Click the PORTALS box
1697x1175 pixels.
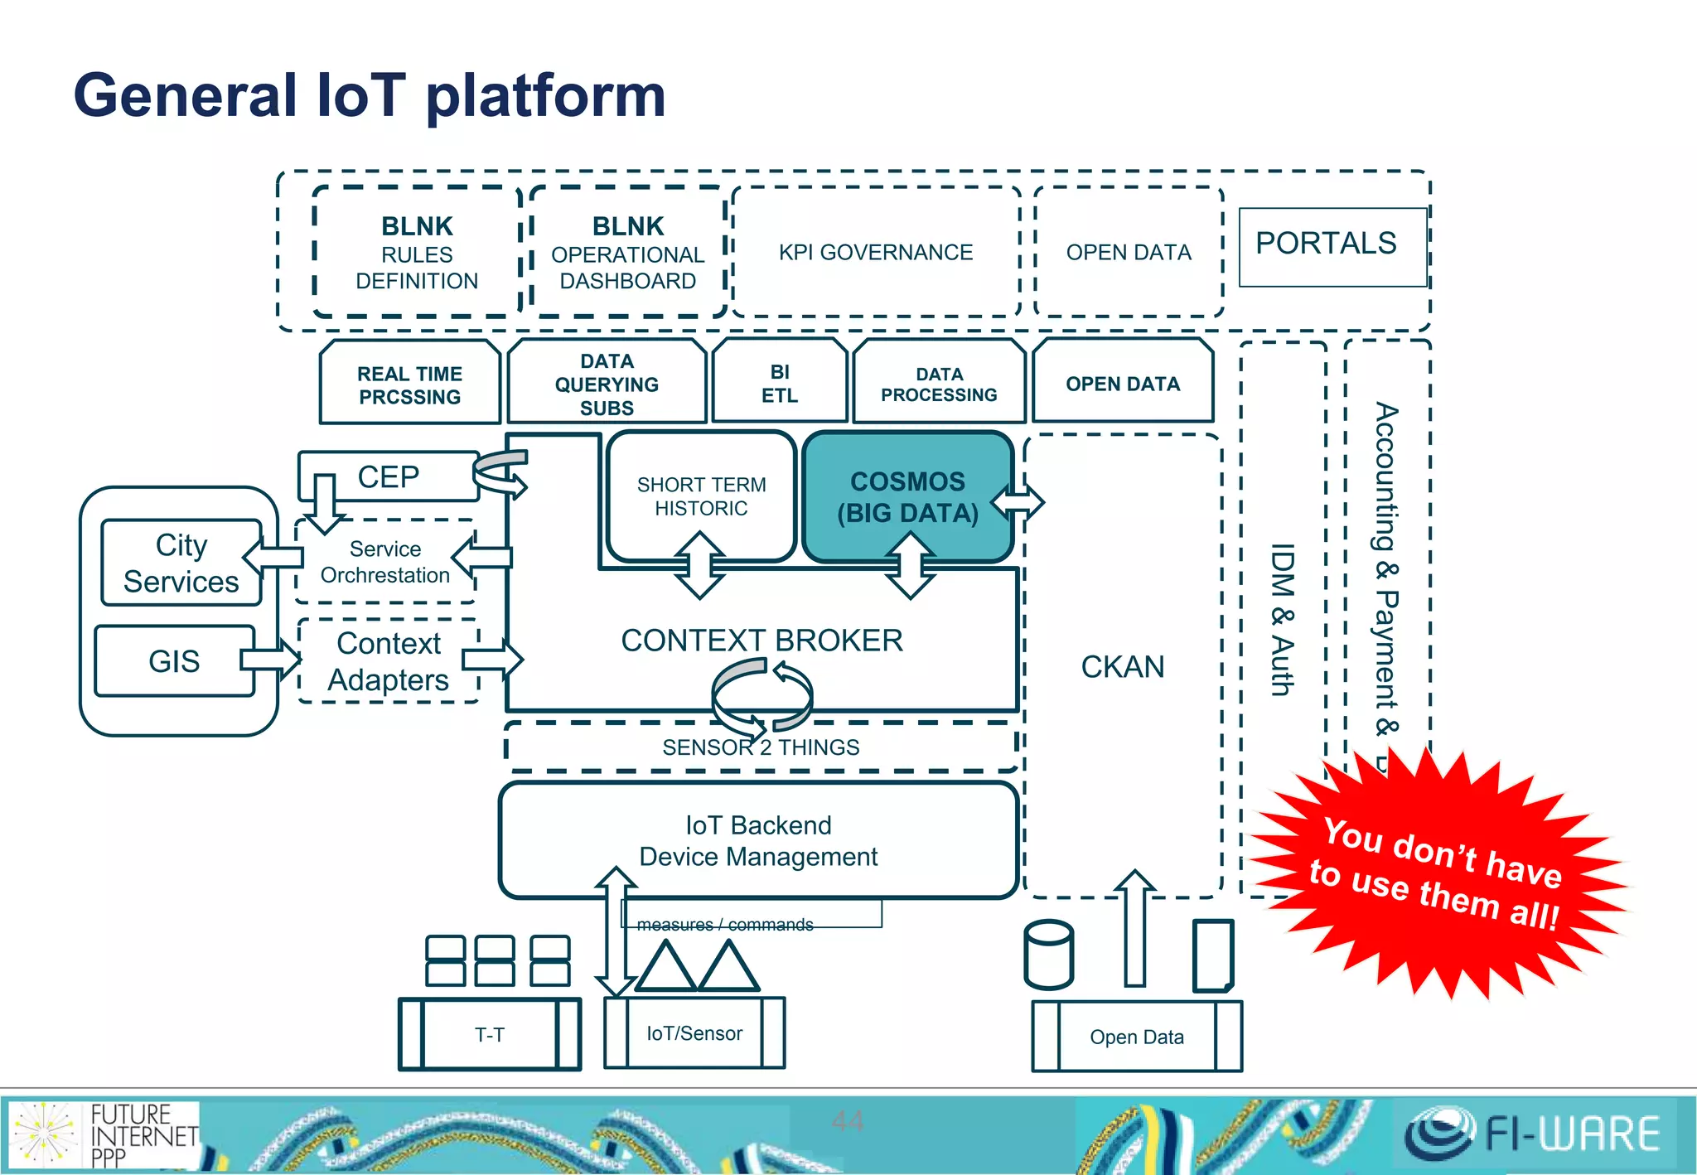(1332, 246)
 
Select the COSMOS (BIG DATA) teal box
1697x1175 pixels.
(908, 496)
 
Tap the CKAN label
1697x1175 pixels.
(1122, 667)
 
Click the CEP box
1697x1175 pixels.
(388, 477)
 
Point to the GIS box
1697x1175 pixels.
(174, 661)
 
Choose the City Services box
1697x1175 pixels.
(181, 563)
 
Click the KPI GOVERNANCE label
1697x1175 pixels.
(875, 252)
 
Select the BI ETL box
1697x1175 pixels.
(779, 383)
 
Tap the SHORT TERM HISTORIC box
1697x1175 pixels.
(701, 496)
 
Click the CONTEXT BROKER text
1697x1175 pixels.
(761, 641)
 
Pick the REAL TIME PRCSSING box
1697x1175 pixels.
(409, 384)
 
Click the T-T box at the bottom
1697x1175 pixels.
(489, 1034)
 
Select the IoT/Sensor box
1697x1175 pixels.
(694, 1033)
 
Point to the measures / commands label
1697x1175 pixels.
(725, 924)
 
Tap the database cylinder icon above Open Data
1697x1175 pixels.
(1048, 955)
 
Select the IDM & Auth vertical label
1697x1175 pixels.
(1282, 619)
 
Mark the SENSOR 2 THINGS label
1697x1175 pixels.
(761, 747)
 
